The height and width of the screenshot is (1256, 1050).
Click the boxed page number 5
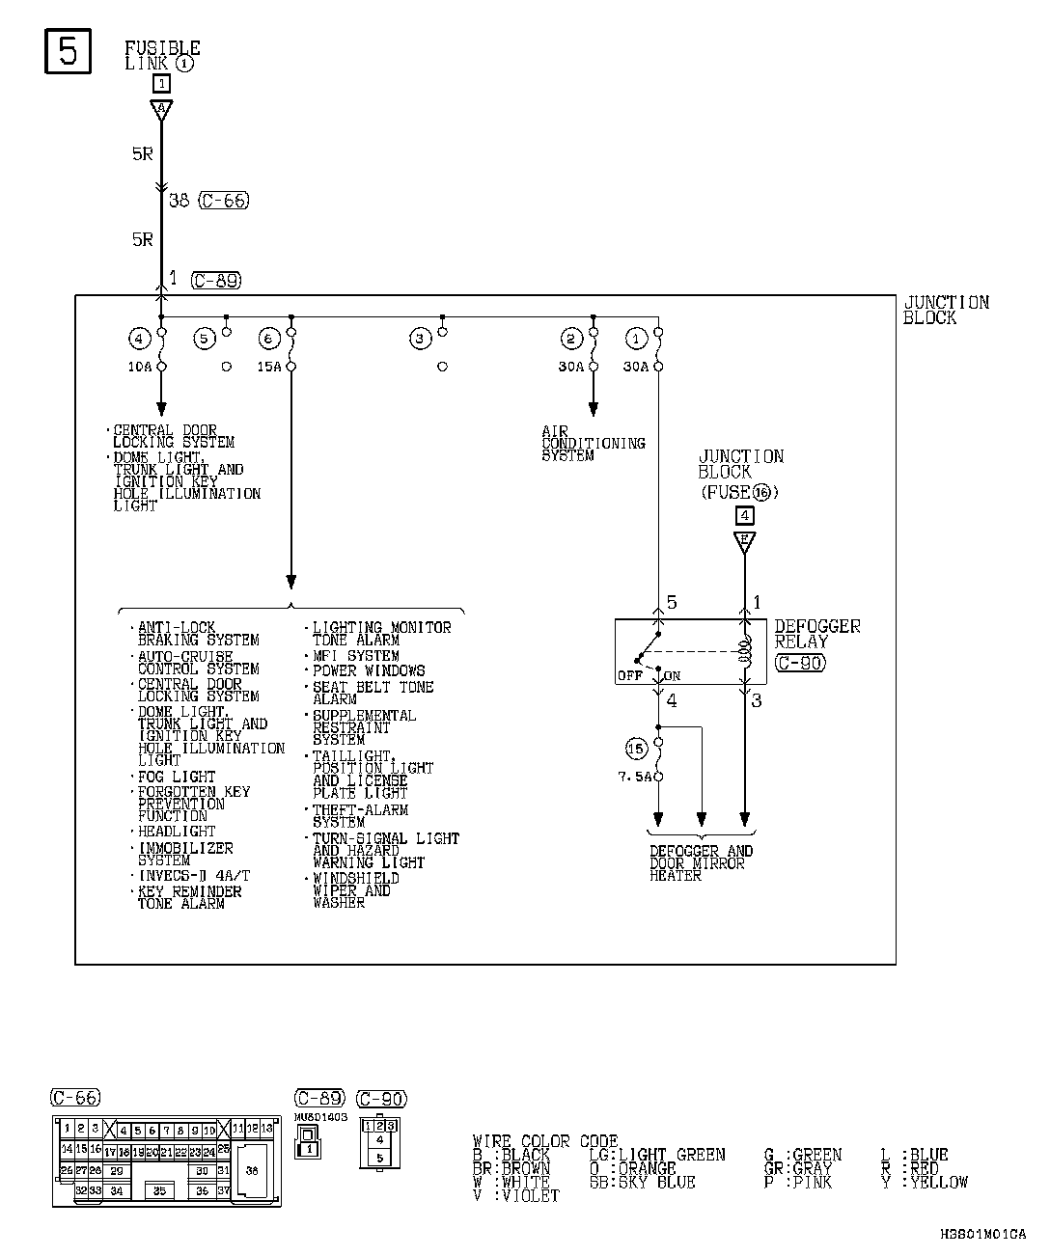click(x=68, y=51)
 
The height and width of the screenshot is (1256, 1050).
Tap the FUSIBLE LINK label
click(x=161, y=55)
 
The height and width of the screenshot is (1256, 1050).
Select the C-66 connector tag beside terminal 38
click(x=223, y=201)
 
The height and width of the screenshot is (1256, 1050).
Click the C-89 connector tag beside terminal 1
click(x=215, y=281)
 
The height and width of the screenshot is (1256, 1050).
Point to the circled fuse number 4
click(x=140, y=339)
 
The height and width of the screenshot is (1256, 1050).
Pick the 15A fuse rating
click(x=271, y=368)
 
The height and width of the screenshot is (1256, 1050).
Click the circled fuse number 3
click(x=419, y=339)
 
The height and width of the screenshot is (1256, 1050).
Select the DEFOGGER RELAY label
click(x=816, y=634)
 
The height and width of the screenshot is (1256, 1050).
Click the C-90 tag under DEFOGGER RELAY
click(x=799, y=663)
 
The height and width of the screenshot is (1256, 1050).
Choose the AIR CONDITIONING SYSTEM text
click(x=592, y=444)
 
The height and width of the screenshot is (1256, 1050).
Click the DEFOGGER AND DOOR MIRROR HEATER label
click(x=701, y=863)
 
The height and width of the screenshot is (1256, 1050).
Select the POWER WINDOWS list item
click(x=369, y=670)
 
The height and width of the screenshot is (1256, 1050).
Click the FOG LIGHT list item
click(x=177, y=777)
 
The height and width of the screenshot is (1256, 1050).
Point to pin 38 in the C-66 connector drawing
click(x=253, y=1170)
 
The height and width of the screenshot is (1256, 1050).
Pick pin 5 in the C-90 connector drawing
click(x=379, y=1158)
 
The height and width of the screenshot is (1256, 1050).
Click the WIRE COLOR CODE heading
click(x=545, y=1141)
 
